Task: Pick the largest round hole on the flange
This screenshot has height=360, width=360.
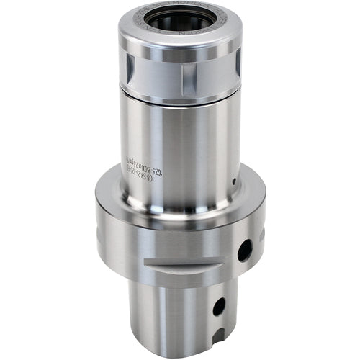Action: coord(245,250)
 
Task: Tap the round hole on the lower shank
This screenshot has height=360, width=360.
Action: coord(219,305)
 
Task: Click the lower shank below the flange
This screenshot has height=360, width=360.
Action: coord(173,317)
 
